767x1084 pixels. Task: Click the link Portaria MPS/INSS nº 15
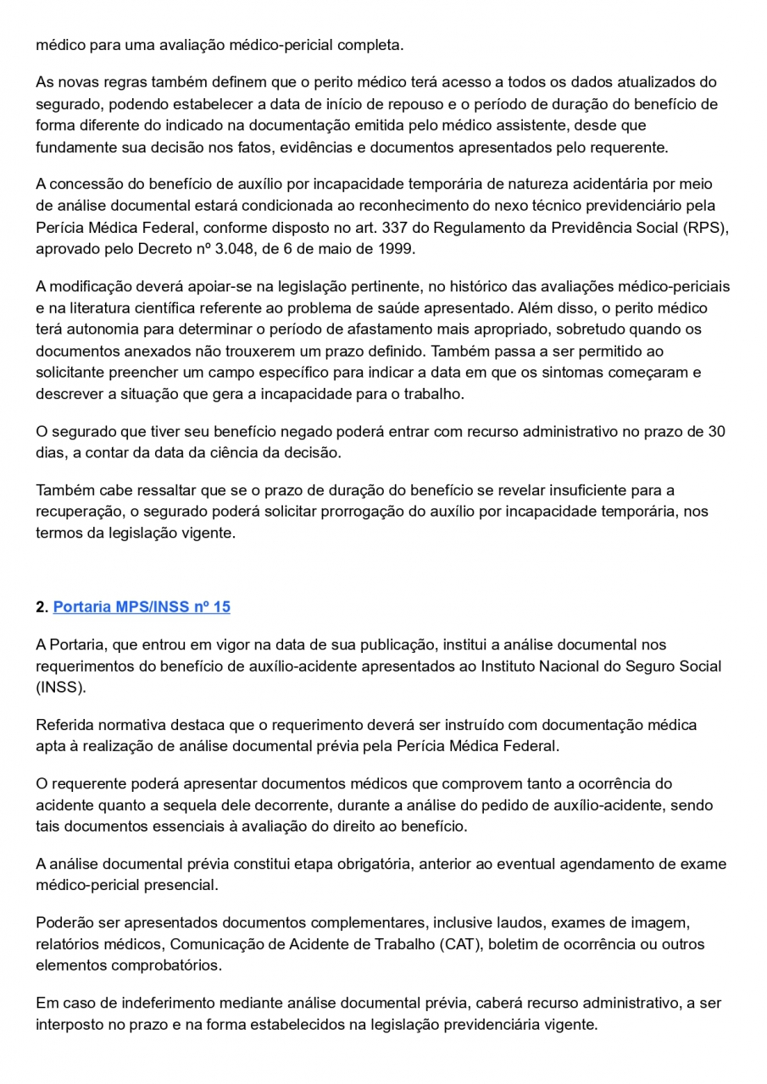click(142, 606)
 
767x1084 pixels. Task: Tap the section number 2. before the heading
click(42, 606)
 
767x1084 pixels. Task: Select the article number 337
click(395, 227)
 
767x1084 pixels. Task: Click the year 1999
click(397, 248)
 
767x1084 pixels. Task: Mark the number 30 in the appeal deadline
click(716, 431)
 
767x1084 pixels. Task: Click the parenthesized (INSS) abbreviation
click(60, 687)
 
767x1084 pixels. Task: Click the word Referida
click(64, 725)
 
